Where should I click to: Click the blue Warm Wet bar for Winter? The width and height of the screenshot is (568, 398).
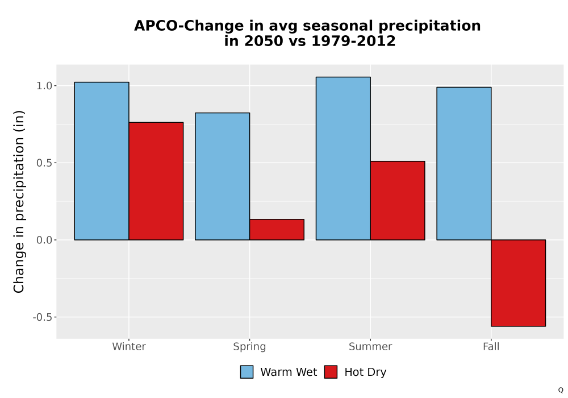click(x=102, y=161)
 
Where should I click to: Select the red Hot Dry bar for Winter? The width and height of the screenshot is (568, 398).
click(x=156, y=181)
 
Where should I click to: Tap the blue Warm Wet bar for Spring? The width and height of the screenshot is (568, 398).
click(x=223, y=176)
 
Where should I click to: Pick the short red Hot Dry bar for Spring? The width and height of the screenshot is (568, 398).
click(x=277, y=230)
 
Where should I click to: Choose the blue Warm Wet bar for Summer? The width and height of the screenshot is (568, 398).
click(x=343, y=159)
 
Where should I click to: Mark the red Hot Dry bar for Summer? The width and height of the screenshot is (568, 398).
click(x=398, y=201)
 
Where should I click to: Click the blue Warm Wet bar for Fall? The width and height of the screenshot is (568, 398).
click(x=464, y=164)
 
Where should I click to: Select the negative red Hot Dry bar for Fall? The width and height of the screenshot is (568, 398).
click(x=519, y=283)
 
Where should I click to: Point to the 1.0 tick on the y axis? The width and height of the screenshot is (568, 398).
click(x=44, y=86)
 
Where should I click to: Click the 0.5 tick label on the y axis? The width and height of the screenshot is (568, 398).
click(x=44, y=163)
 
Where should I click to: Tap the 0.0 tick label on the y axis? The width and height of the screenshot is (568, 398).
click(x=44, y=240)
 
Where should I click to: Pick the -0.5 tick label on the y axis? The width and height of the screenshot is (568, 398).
click(x=43, y=317)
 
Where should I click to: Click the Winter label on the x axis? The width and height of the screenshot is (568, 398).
click(x=129, y=346)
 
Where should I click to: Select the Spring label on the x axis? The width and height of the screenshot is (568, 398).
click(x=249, y=347)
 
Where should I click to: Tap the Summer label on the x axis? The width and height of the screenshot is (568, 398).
click(x=370, y=346)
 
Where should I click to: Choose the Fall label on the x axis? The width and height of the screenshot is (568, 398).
click(x=491, y=346)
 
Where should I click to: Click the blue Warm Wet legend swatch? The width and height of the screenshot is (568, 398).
click(x=247, y=372)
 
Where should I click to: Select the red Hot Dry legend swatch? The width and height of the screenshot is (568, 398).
click(x=331, y=372)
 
